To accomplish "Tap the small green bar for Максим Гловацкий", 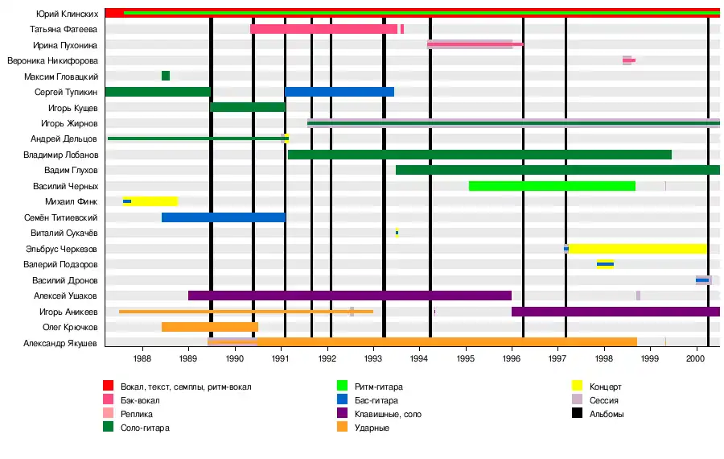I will click(166, 76).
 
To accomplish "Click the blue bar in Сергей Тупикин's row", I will click(339, 92).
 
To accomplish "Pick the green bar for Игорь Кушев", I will click(248, 107).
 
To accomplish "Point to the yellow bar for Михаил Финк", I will click(153, 201).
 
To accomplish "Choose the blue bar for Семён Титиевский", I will click(224, 217).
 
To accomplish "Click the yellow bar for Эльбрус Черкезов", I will click(637, 249).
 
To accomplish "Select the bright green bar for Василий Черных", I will click(552, 186).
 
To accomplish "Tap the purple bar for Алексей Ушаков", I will click(350, 296).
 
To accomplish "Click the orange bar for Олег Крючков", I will click(210, 327).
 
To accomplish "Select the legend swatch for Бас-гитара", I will click(343, 400).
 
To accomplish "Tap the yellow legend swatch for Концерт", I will click(577, 387).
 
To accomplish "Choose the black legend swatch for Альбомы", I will click(577, 414).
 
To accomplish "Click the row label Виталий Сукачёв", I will click(65, 233).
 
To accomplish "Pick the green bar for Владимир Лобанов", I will click(479, 155).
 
